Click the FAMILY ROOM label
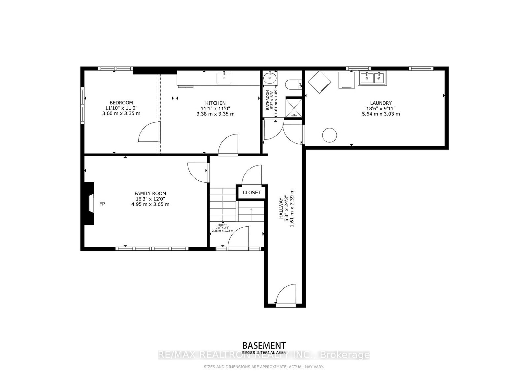pyautogui.click(x=150, y=194)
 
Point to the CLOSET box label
pyautogui.click(x=251, y=193)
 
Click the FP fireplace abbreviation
pyautogui.click(x=102, y=204)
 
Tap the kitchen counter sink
pyautogui.click(x=224, y=78)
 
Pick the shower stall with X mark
pyautogui.click(x=293, y=107)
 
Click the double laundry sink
pyautogui.click(x=372, y=78)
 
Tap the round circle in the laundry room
pyautogui.click(x=329, y=135)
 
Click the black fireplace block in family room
pyautogui.click(x=88, y=204)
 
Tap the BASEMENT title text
pyautogui.click(x=264, y=346)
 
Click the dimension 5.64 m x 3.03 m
pyautogui.click(x=380, y=114)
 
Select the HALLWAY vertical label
pyautogui.click(x=281, y=208)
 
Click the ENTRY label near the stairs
pyautogui.click(x=222, y=225)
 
